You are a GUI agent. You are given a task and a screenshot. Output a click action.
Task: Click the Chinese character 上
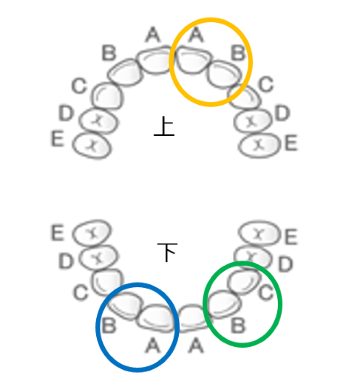pos(164,126)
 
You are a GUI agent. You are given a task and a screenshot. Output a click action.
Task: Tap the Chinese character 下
pos(167,252)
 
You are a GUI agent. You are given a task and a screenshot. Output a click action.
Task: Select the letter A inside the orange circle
pos(196,35)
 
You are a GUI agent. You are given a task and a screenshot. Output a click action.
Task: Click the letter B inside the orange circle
pos(238,53)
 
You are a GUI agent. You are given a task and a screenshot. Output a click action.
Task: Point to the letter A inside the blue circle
pos(153,346)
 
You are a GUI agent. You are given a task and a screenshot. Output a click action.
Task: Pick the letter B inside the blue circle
pos(109,326)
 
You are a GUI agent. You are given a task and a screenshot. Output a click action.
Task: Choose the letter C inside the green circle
pos(266,293)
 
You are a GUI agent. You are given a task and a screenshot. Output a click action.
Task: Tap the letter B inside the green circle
pos(238,326)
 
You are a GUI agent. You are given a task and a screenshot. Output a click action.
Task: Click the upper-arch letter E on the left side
pos(58,139)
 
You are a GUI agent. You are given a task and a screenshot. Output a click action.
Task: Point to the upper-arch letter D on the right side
pos(282,113)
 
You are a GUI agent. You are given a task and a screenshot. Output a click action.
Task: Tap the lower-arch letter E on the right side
pos(291,236)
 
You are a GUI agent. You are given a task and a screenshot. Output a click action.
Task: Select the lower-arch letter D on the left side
pos(66,261)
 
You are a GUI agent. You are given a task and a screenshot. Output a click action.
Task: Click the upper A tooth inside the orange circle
pos(193,61)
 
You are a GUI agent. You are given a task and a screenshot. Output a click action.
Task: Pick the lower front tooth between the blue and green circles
pos(193,318)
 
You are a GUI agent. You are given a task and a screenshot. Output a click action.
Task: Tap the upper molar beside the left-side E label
pos(92,145)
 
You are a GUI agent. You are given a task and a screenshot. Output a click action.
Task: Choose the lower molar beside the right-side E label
pos(259,233)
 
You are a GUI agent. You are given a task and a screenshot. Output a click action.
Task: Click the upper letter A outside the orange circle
pos(153,35)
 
